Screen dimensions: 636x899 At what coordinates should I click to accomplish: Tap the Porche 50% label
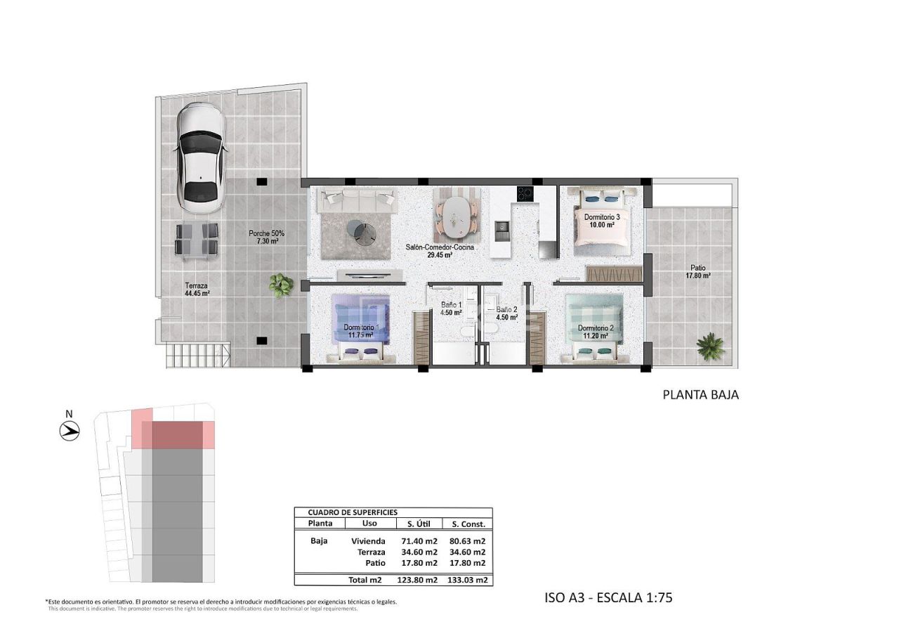266,237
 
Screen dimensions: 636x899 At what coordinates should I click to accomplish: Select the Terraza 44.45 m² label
197,290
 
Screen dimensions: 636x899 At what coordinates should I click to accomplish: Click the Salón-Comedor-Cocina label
440,251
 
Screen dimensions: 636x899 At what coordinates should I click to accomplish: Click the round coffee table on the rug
363,231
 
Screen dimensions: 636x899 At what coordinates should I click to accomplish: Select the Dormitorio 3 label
602,221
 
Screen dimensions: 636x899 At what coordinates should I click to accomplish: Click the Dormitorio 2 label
596,332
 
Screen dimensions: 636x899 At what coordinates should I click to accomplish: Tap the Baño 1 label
451,309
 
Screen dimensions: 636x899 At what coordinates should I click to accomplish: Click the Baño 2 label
506,313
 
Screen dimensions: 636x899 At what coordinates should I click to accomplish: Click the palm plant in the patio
710,346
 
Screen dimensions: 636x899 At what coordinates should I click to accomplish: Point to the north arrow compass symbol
69,430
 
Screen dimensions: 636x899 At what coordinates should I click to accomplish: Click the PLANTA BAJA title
700,395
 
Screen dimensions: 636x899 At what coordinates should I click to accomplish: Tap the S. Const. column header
468,524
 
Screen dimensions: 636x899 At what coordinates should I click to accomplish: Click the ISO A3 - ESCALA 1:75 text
608,598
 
